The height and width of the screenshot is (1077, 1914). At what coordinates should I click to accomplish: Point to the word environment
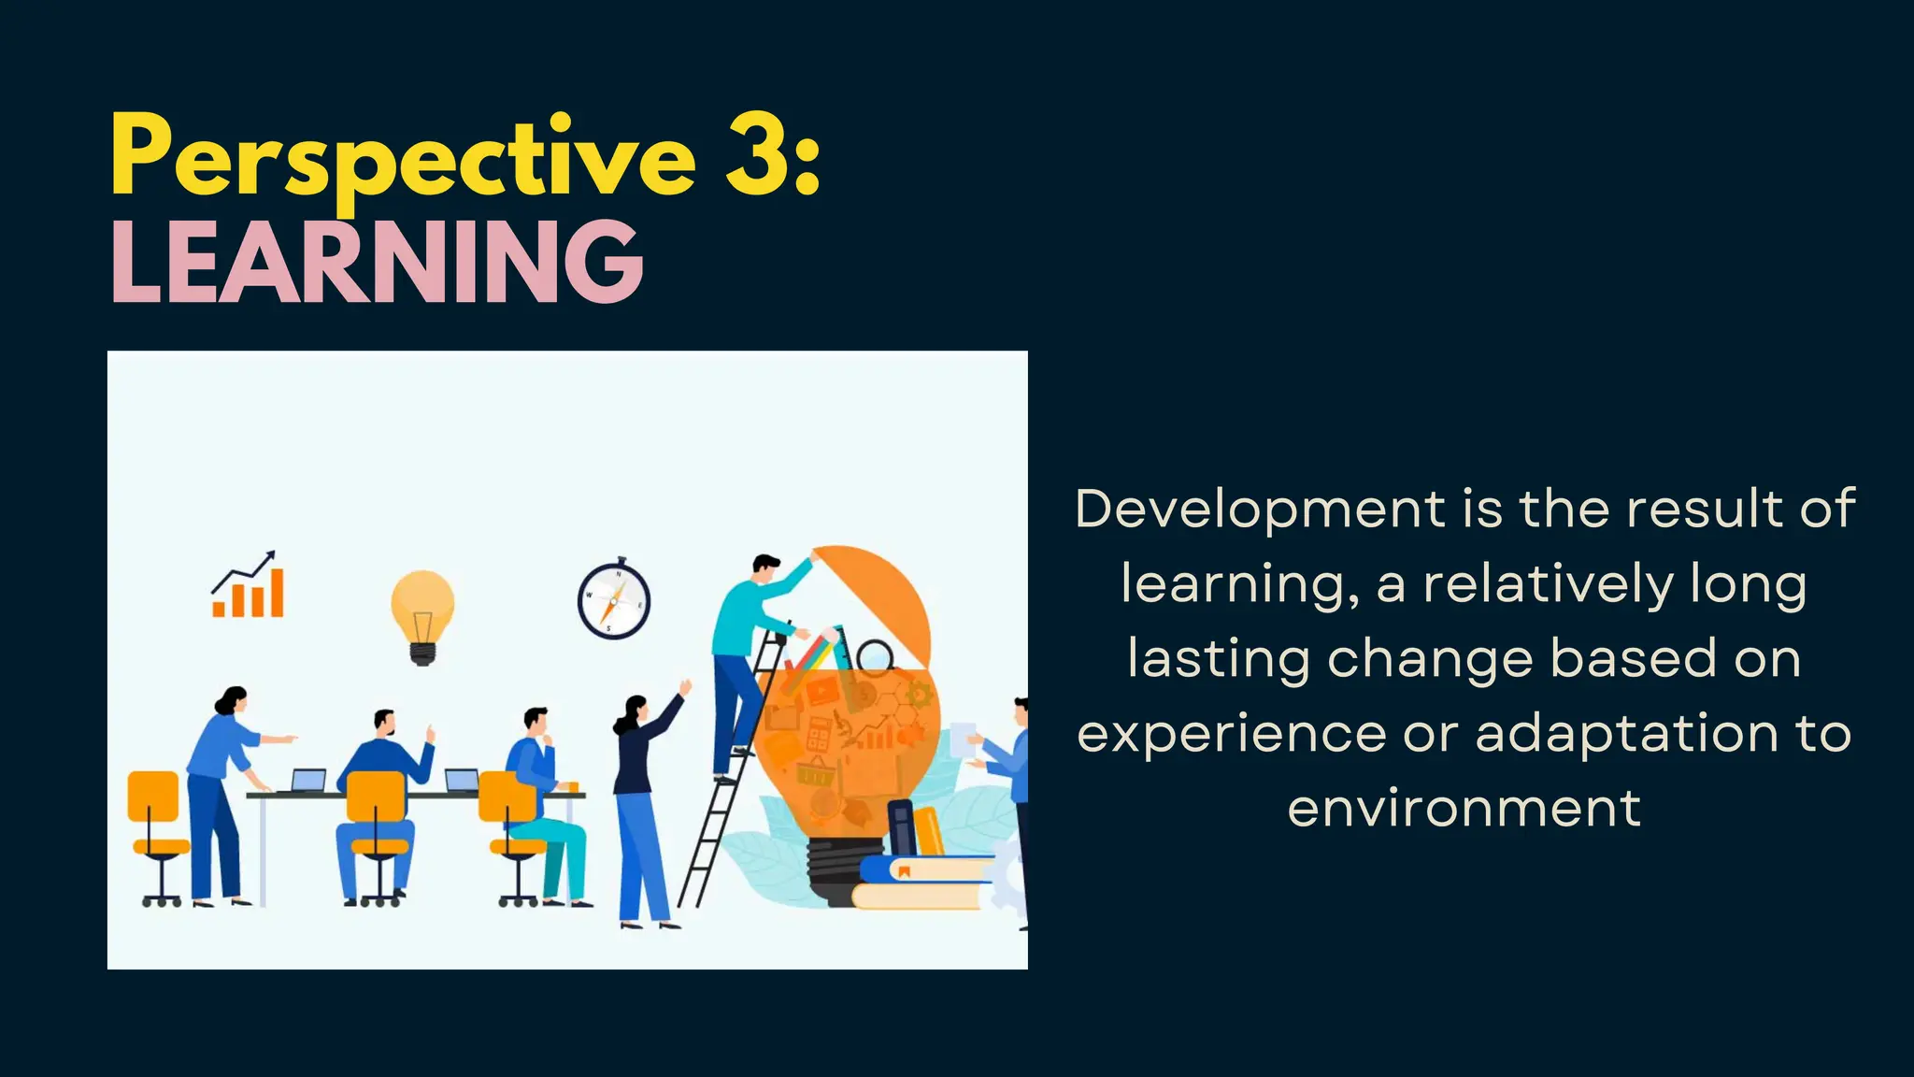coord(1464,809)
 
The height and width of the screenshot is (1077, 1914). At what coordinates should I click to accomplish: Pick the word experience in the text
coord(1231,734)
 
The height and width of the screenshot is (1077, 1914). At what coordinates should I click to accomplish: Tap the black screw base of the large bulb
coord(832,869)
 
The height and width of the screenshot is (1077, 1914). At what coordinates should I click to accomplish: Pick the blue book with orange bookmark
coord(925,869)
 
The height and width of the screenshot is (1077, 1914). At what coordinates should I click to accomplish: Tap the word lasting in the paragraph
coord(1218,659)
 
